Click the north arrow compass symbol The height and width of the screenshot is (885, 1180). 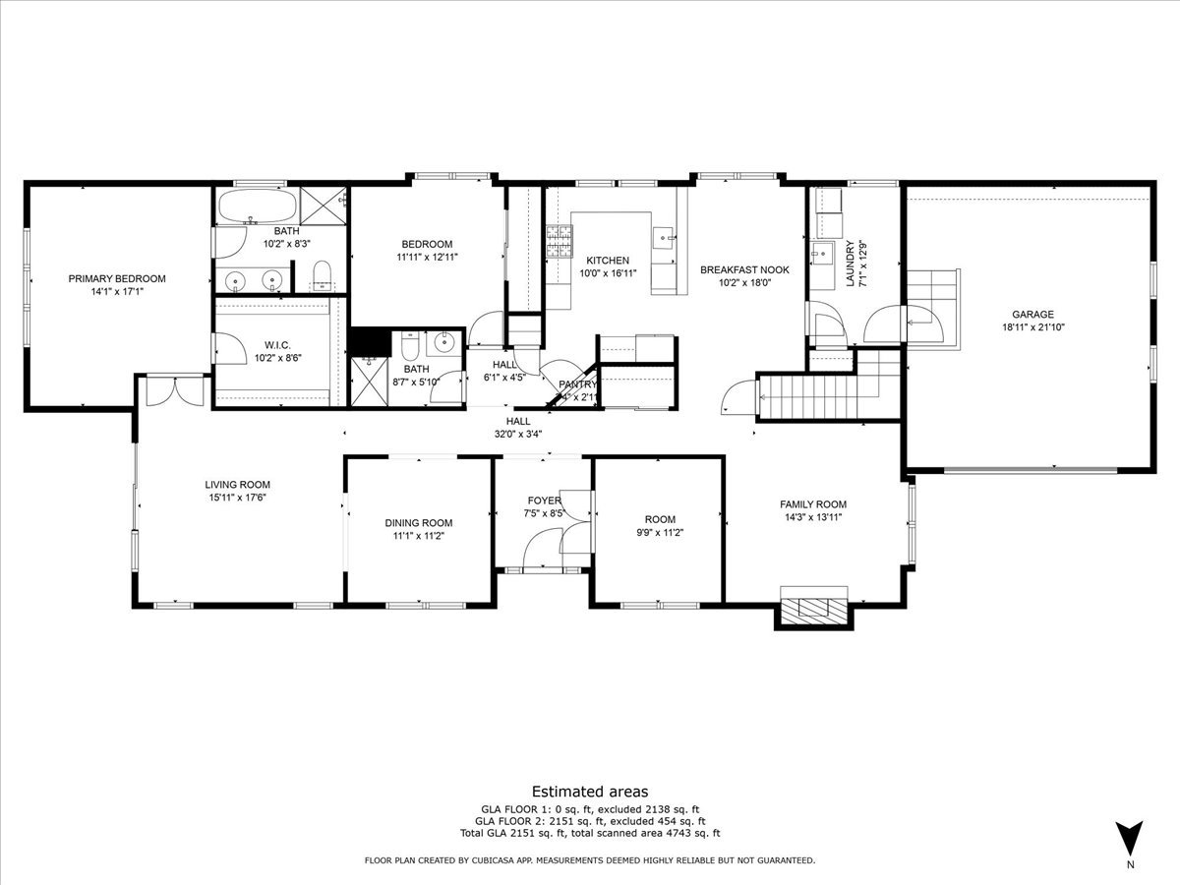coord(1130,838)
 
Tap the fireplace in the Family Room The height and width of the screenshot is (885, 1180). coord(813,608)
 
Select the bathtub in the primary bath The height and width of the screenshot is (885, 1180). coord(256,207)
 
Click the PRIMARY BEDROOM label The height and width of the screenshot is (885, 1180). coord(117,278)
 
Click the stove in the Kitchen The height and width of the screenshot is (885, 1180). coord(560,242)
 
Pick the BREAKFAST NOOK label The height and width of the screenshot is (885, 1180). coord(744,268)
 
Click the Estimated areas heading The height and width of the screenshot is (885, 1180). coord(590,791)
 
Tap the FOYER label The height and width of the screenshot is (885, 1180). coord(544,500)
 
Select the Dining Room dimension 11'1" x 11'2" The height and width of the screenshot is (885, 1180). coord(419,536)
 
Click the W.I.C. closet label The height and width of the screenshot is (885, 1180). coord(275,344)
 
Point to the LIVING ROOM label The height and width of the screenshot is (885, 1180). coord(237,484)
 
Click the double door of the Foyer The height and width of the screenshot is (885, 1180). coord(543,549)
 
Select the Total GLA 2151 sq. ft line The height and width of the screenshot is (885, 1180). coord(590,833)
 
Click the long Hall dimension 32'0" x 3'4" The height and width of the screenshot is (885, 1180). coord(518,433)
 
